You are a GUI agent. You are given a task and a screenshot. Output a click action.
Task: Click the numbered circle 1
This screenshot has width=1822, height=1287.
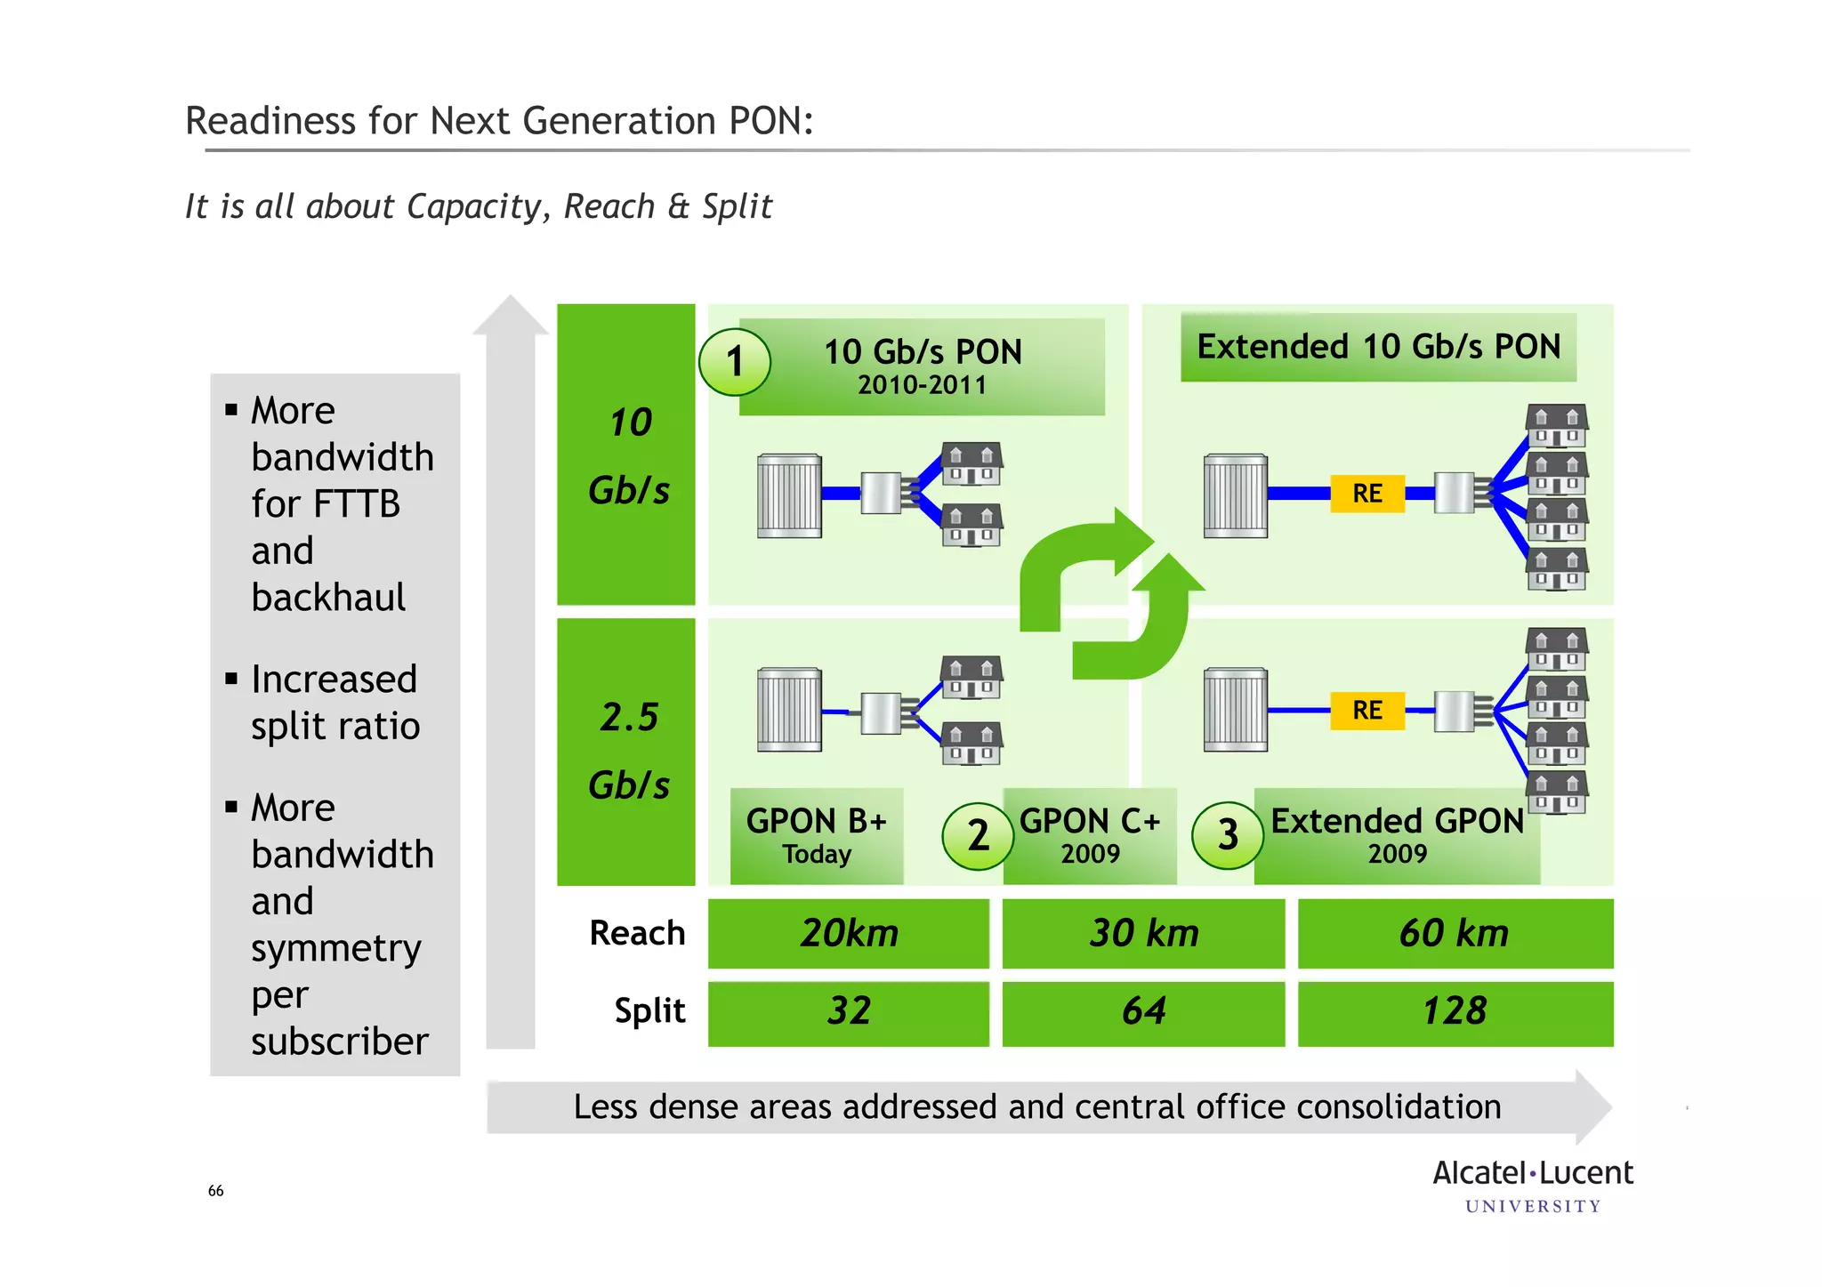click(x=734, y=362)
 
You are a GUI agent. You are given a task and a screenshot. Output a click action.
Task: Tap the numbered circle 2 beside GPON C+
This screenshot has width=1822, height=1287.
click(x=978, y=835)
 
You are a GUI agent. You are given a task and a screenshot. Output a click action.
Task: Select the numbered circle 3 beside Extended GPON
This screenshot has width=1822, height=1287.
click(x=1228, y=835)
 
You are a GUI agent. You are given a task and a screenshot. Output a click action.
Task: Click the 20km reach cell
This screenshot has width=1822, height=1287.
click(x=849, y=933)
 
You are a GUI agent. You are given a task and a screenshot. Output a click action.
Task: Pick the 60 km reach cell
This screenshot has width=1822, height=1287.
click(x=1455, y=933)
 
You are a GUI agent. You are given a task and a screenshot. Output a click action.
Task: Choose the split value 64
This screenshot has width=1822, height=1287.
click(x=1143, y=1012)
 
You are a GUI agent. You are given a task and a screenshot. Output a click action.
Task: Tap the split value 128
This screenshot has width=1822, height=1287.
click(x=1455, y=1012)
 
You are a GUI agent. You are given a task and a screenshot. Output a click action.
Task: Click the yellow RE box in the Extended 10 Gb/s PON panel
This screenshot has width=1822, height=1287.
click(x=1367, y=494)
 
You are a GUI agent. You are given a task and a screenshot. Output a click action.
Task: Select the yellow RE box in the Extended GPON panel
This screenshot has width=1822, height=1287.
click(x=1367, y=711)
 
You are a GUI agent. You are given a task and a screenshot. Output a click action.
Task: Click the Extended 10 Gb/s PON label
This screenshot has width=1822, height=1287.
click(x=1378, y=347)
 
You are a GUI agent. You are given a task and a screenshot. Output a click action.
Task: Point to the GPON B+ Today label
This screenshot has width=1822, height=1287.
click(x=817, y=835)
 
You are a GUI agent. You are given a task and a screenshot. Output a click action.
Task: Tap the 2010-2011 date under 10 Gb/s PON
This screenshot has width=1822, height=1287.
click(x=923, y=386)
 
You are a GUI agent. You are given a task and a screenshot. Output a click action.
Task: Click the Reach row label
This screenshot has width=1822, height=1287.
click(x=637, y=933)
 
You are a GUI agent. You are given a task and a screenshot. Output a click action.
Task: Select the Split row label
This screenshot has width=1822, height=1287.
click(x=649, y=1011)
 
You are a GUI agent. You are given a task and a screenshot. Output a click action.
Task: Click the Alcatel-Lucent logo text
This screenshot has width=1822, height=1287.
click(x=1533, y=1174)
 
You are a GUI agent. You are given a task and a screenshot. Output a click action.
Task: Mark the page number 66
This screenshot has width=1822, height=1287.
click(x=216, y=1191)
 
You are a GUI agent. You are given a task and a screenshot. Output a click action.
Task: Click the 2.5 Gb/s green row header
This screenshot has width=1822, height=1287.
click(x=626, y=752)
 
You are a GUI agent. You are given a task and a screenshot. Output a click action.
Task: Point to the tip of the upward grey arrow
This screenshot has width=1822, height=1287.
click(x=510, y=300)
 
